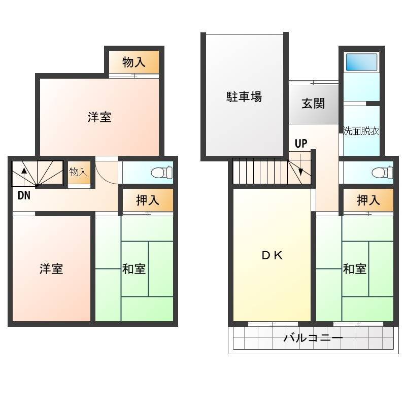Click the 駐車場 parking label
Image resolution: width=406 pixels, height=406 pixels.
pos(244,97)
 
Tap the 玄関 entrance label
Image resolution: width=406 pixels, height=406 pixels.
pos(313,104)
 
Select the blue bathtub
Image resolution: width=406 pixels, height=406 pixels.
pos(361,62)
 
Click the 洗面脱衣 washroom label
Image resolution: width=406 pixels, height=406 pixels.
pos(361,131)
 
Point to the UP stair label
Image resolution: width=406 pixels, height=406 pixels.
pos(301,144)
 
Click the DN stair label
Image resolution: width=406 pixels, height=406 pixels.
pos(24,195)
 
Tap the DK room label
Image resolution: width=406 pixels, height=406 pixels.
pos(272,256)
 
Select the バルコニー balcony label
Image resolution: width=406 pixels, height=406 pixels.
pos(313,337)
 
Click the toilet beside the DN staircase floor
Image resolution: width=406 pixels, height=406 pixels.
pos(162,172)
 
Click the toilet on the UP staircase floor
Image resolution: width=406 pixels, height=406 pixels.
pos(382,173)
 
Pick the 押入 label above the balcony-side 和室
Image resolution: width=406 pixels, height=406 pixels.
pos(368,200)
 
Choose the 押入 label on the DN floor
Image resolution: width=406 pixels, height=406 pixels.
pos(148,200)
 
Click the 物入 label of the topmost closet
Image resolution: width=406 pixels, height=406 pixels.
pos(133,62)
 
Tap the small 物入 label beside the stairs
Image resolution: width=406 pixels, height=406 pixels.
pos(79,172)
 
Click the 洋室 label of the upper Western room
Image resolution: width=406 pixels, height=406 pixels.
pos(99,117)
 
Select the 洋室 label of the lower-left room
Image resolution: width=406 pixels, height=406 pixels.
pos(51,269)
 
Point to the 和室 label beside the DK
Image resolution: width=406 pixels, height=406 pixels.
pos(355,269)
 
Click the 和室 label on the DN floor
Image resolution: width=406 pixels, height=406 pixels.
pos(134,269)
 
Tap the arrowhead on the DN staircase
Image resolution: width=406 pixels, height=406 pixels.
pos(24,171)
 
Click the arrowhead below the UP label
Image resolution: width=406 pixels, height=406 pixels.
pos(300,172)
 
